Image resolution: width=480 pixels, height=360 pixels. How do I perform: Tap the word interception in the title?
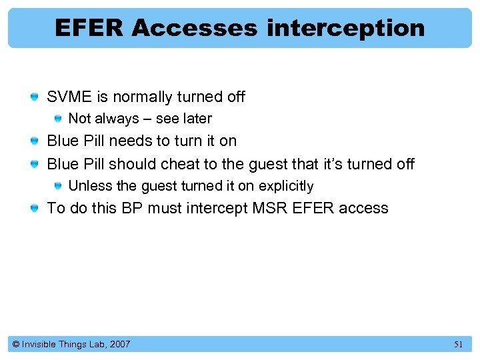pos(345,28)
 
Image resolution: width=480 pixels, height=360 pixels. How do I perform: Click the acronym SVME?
pos(69,97)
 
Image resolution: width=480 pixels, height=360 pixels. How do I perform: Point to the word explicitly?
pos(285,186)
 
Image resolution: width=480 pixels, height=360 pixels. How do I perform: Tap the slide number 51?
pos(458,345)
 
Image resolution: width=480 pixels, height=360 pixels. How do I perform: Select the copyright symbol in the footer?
pos(16,345)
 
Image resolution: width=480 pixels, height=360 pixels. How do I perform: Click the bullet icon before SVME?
pos(34,98)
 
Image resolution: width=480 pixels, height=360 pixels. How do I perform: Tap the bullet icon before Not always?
pos(58,119)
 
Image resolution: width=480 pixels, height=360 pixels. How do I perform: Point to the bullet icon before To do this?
pos(34,209)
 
